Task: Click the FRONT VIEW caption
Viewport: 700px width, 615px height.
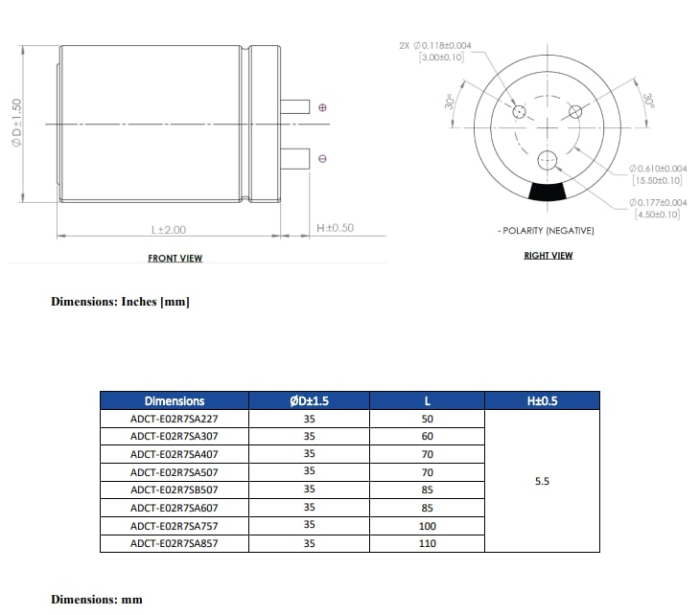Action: [175, 259]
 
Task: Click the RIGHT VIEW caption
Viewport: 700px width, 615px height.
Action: [548, 256]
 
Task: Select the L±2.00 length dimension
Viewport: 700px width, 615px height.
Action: [168, 230]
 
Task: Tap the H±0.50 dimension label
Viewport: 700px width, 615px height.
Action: [335, 228]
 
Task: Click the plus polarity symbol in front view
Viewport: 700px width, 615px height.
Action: [322, 107]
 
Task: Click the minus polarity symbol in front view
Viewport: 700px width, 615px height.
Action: [322, 158]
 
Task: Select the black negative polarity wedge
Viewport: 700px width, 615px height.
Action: [548, 192]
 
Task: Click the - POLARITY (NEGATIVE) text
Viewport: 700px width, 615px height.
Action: [546, 231]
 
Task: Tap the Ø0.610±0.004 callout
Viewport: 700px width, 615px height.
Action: [658, 169]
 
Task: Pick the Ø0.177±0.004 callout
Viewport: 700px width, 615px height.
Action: [658, 202]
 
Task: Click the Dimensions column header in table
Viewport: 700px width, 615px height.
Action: [174, 401]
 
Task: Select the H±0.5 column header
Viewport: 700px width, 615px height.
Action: [542, 401]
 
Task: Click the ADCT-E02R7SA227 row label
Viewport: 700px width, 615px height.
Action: [174, 419]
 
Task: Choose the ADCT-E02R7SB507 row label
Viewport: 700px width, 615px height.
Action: [174, 490]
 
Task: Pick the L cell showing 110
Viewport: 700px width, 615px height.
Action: [427, 543]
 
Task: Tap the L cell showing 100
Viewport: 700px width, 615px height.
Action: [427, 526]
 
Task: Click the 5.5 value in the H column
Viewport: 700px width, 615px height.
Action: [542, 482]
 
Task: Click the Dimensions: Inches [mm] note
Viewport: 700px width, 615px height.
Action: [120, 302]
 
